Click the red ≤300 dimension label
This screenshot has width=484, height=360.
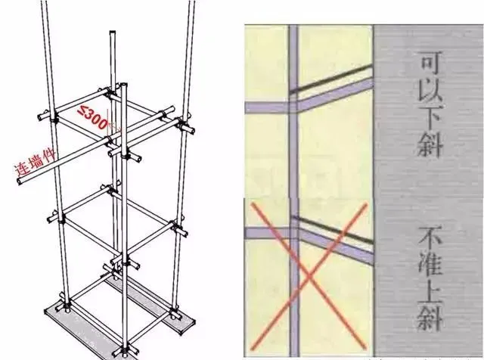(92, 116)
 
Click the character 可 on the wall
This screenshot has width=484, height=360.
(430, 64)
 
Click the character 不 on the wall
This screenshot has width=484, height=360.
(430, 238)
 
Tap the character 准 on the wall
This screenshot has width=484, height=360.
(430, 266)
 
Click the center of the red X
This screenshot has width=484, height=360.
(309, 276)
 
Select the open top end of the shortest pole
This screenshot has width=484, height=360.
(113, 32)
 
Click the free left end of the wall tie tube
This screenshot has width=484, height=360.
(20, 180)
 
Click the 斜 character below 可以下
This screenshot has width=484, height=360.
(430, 145)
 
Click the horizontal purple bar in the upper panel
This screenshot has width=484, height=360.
(267, 107)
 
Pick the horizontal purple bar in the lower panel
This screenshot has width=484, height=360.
(268, 233)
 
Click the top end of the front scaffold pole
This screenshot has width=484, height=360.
(124, 84)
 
